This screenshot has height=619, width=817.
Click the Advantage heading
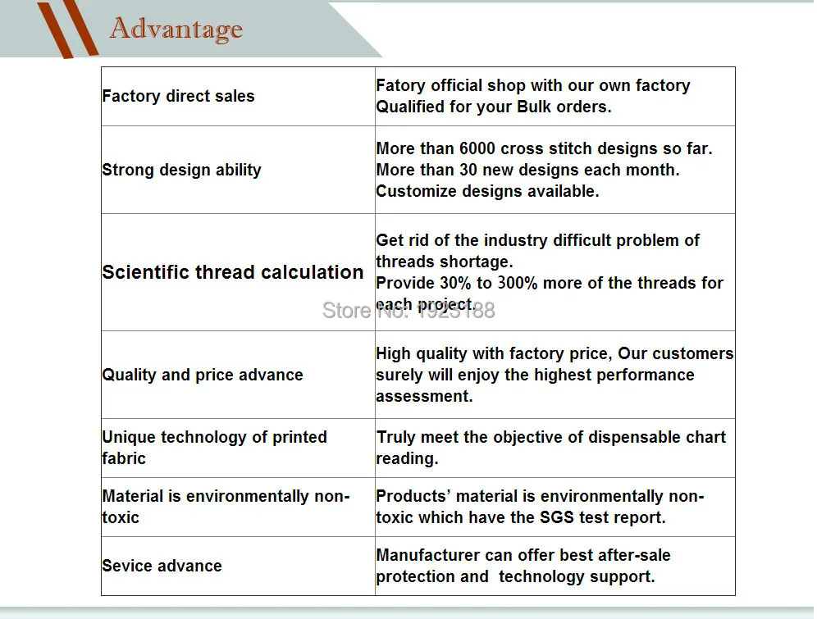point(176,29)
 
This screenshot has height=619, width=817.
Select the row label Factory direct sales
point(178,96)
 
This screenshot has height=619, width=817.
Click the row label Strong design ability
point(181,170)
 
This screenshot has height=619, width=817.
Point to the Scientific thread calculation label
point(232,272)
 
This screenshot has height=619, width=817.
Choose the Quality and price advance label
point(203,375)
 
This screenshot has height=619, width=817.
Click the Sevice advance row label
point(162,566)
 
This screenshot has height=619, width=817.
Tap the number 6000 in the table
point(477,148)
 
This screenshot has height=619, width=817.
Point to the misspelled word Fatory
point(400,85)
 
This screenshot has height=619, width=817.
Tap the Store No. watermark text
point(408,310)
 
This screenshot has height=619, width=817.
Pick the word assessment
point(424,396)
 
